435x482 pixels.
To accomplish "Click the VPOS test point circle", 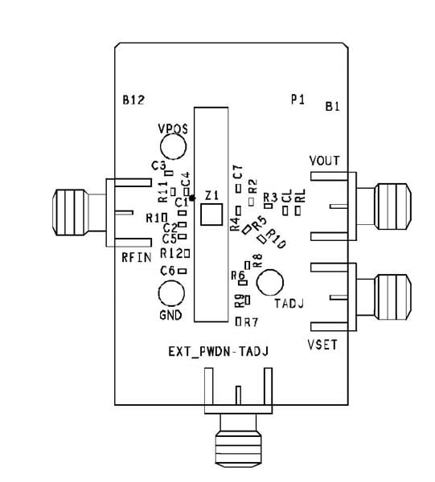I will point(173,145).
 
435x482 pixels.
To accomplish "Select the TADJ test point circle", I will point(270,283).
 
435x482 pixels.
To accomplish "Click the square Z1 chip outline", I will point(211,214).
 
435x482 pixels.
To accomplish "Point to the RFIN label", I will point(136,258).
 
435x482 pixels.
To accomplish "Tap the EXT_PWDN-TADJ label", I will point(217,351).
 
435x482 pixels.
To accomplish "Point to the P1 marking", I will point(298,100).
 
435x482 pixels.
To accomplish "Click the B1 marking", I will point(333,106).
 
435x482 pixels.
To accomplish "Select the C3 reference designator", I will point(158,165).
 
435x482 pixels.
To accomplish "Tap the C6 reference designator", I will point(167,271).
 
